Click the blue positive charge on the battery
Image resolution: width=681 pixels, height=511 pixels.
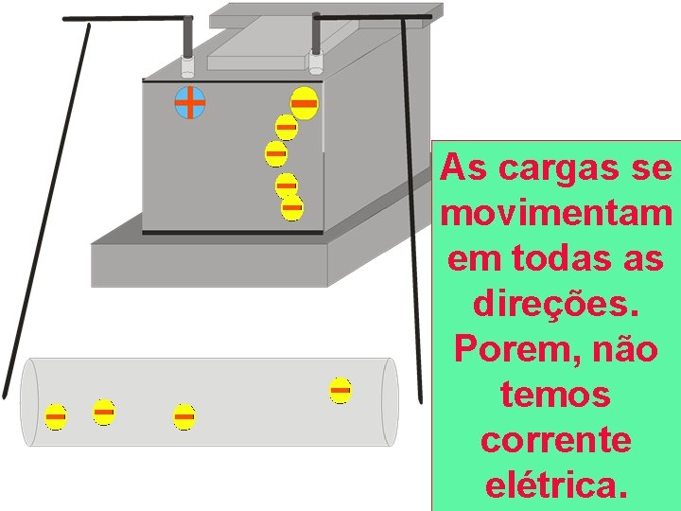pos(190,102)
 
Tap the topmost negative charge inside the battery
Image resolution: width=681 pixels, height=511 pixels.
pos(304,101)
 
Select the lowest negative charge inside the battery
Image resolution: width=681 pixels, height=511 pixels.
pos(292,207)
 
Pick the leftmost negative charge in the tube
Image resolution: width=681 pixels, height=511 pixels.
pos(56,416)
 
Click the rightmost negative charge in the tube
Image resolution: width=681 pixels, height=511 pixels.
pos(340,390)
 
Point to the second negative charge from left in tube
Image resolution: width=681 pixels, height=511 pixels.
pos(104,412)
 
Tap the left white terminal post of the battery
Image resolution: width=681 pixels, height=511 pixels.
pos(188,66)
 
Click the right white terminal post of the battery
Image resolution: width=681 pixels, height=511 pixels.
pos(316,62)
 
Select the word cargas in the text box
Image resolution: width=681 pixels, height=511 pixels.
pos(551,170)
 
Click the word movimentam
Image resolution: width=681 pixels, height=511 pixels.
pos(556,215)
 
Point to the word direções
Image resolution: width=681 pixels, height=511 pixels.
pos(556,305)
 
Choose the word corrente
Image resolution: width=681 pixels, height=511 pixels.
pos(556,441)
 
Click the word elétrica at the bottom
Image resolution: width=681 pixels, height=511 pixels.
pos(556,485)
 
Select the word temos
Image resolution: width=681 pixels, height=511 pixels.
pos(556,395)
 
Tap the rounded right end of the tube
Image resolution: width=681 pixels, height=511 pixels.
pos(390,402)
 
